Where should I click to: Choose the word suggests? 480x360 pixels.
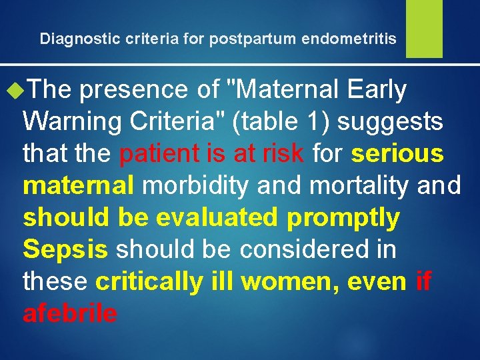click(x=403, y=123)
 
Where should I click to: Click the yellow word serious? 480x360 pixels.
click(x=397, y=154)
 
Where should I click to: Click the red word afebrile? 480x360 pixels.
click(x=70, y=313)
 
